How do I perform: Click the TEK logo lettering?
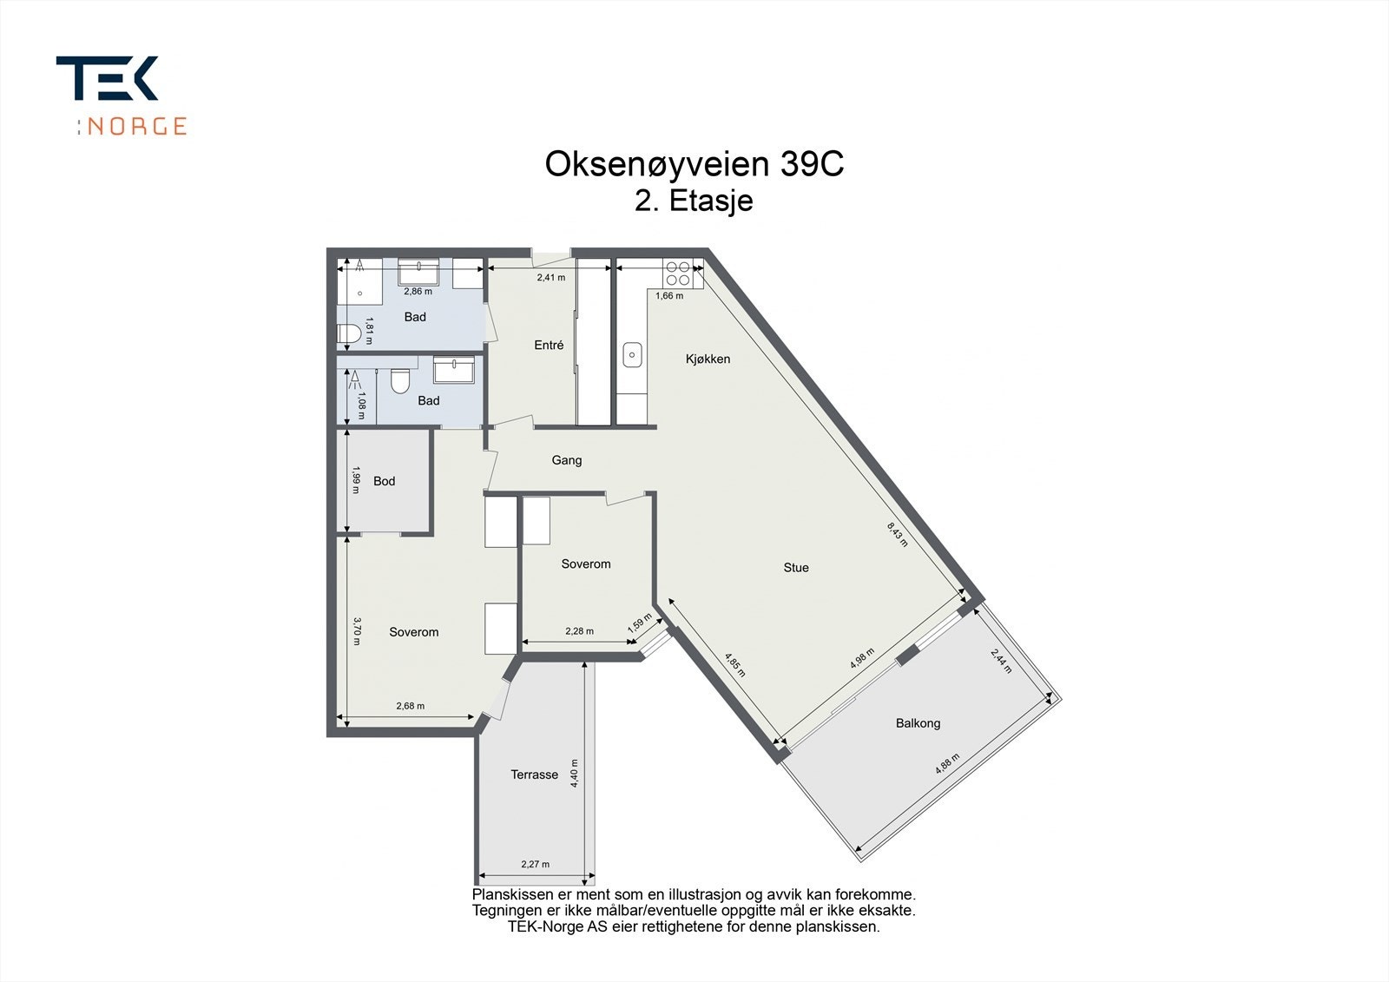coord(107,78)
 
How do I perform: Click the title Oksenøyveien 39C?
coord(694,164)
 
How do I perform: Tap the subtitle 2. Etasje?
coord(694,201)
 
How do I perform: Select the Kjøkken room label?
coord(708,359)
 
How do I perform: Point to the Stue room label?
coord(795,568)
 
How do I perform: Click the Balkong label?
coord(918,723)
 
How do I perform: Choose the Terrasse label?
coord(534,774)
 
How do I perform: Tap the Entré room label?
coord(549,345)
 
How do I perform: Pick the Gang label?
coord(567,460)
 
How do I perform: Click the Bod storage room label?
coord(384,481)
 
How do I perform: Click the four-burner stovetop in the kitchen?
coord(677,274)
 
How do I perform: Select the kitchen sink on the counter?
coord(632,355)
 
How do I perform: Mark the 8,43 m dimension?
coord(897,534)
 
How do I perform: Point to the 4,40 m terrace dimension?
coord(574,773)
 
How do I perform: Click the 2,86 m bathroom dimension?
coord(418,291)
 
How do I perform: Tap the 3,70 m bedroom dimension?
coord(357,630)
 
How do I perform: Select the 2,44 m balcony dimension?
coord(1001,661)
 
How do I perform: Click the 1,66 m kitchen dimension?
coord(669,296)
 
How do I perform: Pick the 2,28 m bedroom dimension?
coord(579,631)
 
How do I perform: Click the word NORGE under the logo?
coord(136,126)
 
